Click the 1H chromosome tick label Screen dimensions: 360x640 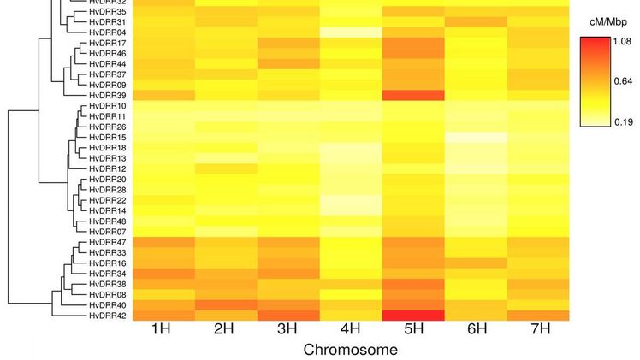point(163,330)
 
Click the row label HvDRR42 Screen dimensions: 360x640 point(108,315)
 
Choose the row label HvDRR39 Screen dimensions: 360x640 point(108,95)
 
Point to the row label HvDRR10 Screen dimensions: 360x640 point(108,106)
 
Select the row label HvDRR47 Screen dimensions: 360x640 point(108,243)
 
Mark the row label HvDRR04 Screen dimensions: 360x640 point(108,32)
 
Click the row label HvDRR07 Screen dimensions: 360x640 point(108,232)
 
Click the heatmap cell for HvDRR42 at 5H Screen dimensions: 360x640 point(413,315)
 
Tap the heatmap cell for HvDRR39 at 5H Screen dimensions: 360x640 point(413,95)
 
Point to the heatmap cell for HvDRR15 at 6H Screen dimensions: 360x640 point(476,137)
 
